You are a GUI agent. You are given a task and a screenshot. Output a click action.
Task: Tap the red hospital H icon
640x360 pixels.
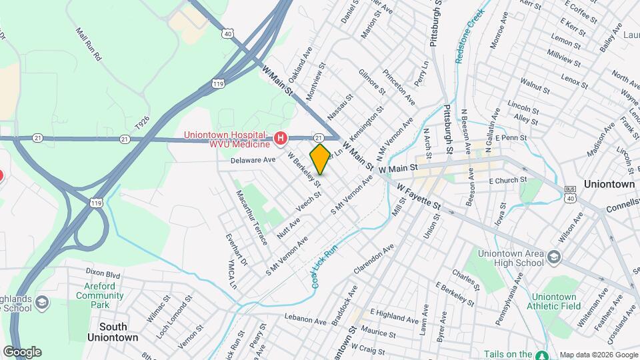tap(281, 139)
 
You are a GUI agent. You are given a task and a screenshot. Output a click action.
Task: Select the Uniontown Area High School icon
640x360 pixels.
tap(553, 257)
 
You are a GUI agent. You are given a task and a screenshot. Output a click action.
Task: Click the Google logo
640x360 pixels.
tap(22, 352)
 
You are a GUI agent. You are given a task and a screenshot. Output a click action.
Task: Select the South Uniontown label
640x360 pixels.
tap(113, 332)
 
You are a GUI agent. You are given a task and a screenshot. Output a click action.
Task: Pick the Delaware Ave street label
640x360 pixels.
tap(253, 161)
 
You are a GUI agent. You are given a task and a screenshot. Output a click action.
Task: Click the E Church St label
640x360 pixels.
tap(507, 180)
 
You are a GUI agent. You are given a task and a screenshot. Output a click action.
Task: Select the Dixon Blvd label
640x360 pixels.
tap(103, 273)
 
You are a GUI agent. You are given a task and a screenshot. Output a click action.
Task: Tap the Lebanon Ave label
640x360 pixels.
tap(305, 321)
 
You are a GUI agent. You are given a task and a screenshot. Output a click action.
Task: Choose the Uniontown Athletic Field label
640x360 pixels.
tap(555, 301)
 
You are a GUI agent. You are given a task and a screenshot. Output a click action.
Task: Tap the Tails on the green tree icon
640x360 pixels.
tap(542, 355)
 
